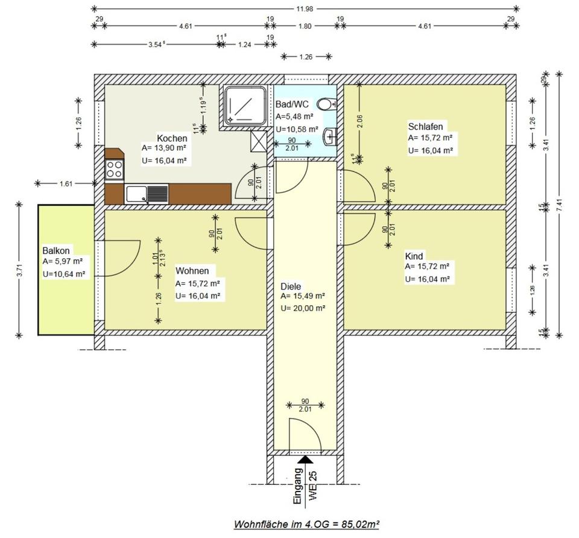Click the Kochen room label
tap(172, 139)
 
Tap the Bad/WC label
tap(292, 104)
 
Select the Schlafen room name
tap(425, 127)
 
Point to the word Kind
tap(414, 256)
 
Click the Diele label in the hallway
tap(291, 286)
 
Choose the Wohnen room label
tap(192, 271)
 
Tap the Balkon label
tap(56, 251)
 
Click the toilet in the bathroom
tap(327, 104)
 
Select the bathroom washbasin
tap(329, 136)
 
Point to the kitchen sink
tap(147, 194)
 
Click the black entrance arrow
tap(305, 459)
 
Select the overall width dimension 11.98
tap(305, 9)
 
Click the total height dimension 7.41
tap(560, 205)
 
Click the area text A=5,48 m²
tap(295, 116)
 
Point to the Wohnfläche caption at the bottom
tap(306, 524)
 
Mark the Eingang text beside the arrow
tap(297, 486)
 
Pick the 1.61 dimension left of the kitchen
tap(66, 183)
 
